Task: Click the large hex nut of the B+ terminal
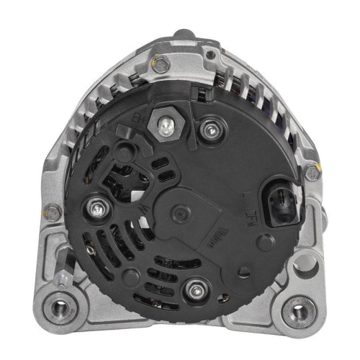(x=164, y=127)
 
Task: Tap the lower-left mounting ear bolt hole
(x=61, y=309)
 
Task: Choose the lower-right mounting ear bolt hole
(x=295, y=311)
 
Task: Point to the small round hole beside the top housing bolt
(x=210, y=55)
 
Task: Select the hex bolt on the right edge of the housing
(x=311, y=173)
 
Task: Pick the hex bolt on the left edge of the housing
(x=52, y=212)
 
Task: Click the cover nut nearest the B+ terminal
(x=211, y=130)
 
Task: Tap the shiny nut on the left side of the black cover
(x=96, y=210)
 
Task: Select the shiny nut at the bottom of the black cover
(x=194, y=291)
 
